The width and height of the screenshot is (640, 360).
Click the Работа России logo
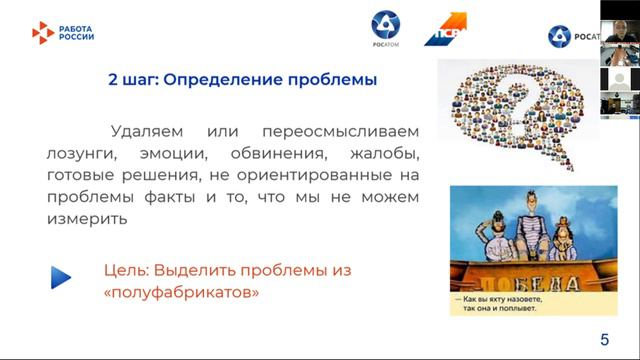(64, 33)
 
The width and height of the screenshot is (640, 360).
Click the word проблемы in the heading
(334, 81)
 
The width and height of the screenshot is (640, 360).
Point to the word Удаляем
(147, 132)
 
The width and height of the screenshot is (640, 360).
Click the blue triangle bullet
(62, 277)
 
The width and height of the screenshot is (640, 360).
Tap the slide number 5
(604, 339)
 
